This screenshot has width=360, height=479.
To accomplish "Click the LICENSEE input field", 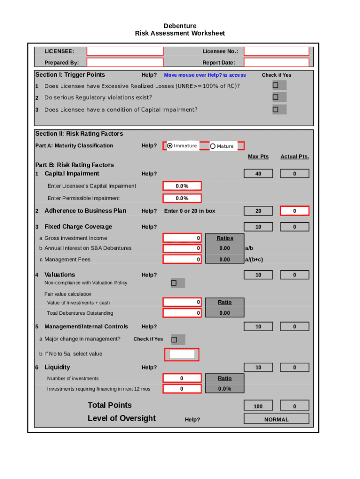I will pyautogui.click(x=125, y=51).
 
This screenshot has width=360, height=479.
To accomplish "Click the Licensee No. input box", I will pyautogui.click(x=276, y=51).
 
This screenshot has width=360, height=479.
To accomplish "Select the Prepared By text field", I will pyautogui.click(x=125, y=63).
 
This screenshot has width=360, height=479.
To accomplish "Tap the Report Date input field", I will pyautogui.click(x=276, y=63).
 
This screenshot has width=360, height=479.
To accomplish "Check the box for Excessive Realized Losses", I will pyautogui.click(x=275, y=85).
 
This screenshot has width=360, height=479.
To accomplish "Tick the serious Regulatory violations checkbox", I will pyautogui.click(x=275, y=97).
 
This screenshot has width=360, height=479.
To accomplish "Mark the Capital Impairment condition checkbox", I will pyautogui.click(x=275, y=109).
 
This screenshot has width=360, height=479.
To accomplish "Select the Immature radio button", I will pyautogui.click(x=170, y=146).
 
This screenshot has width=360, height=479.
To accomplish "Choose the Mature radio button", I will pyautogui.click(x=213, y=146).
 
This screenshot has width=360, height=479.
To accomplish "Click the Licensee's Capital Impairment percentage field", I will pyautogui.click(x=182, y=186).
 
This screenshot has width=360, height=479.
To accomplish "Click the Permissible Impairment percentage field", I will pyautogui.click(x=182, y=198).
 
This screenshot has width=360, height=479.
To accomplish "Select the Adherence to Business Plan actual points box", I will pyautogui.click(x=294, y=211).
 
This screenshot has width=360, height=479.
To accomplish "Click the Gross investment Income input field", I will pyautogui.click(x=182, y=238).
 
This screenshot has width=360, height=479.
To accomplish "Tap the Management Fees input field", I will pyautogui.click(x=182, y=259).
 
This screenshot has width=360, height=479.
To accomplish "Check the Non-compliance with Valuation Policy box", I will pyautogui.click(x=174, y=283).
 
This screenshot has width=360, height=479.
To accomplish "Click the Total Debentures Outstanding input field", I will pyautogui.click(x=182, y=313).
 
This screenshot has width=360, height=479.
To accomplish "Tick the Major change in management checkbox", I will pyautogui.click(x=174, y=339).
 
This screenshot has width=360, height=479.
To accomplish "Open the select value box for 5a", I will pyautogui.click(x=182, y=355).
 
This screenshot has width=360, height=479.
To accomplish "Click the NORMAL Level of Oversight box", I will pyautogui.click(x=276, y=419).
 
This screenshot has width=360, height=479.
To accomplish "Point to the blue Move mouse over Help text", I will pyautogui.click(x=205, y=75).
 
